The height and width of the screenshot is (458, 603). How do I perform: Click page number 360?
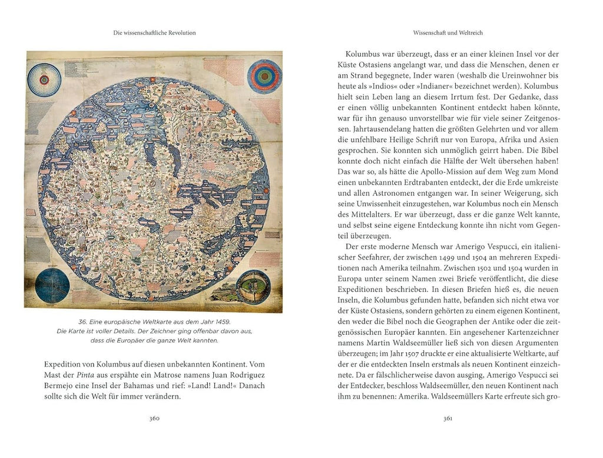pos(154,419)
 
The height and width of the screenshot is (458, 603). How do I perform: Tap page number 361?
pos(448,419)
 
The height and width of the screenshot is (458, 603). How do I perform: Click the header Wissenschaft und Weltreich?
pos(448,33)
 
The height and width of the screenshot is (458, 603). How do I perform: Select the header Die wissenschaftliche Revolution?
pos(154,33)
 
